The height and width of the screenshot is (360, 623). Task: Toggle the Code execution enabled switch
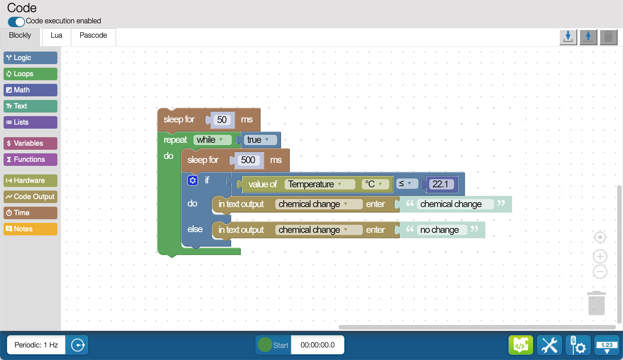[17, 22]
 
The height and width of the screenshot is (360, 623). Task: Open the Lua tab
[56, 35]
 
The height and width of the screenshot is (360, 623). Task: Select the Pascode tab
[93, 35]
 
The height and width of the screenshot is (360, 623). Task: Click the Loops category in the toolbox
[30, 74]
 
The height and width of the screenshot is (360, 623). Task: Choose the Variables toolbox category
[30, 143]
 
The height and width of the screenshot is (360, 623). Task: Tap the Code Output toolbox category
[30, 197]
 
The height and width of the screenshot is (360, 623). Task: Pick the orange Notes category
[30, 229]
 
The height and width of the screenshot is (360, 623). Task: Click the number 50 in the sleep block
[222, 120]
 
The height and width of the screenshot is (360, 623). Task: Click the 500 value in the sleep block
[248, 160]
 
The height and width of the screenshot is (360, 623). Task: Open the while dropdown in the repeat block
[212, 140]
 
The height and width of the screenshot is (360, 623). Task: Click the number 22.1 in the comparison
[440, 184]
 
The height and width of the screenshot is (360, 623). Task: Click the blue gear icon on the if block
[192, 181]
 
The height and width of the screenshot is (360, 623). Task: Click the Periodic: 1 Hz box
[36, 345]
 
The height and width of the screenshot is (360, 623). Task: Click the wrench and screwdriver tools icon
[549, 345]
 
